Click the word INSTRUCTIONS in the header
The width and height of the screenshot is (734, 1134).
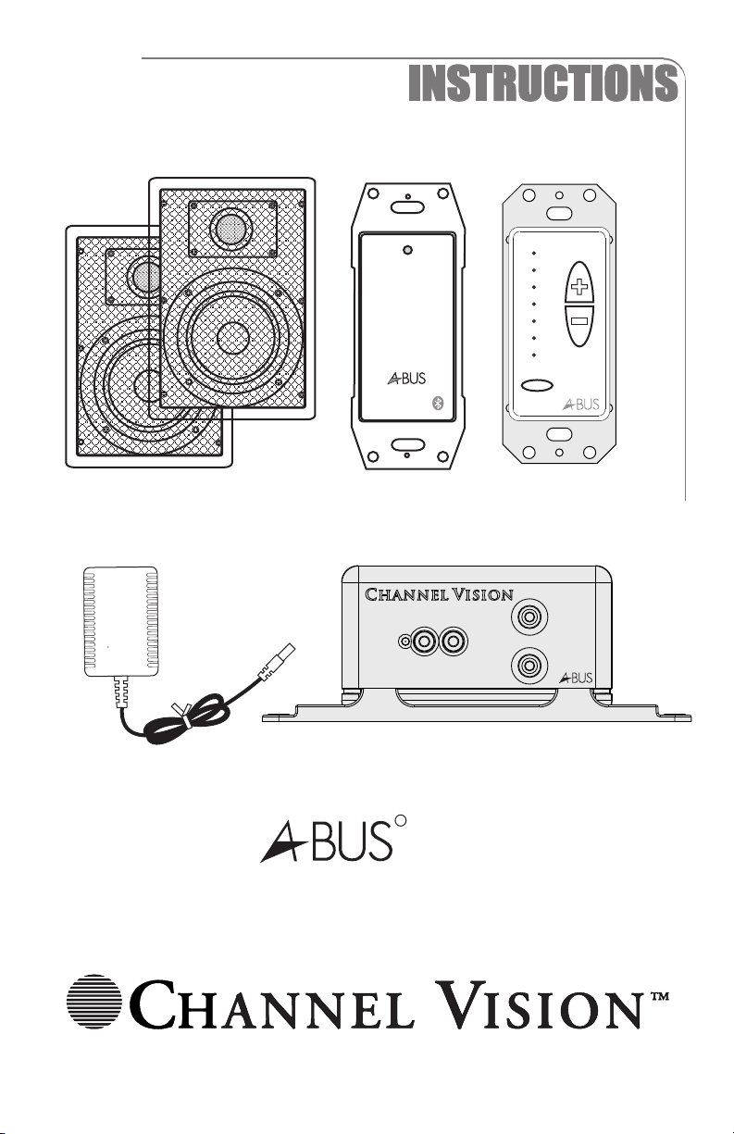click(x=542, y=83)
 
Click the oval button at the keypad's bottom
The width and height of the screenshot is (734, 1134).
click(x=537, y=385)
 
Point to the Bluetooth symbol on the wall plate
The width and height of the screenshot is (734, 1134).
click(x=439, y=403)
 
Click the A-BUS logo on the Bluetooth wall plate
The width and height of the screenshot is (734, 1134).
click(x=406, y=379)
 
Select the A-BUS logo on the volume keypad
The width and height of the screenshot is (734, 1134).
click(x=581, y=404)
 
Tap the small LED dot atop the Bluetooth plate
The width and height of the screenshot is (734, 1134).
click(x=408, y=250)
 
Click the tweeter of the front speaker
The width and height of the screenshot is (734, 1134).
click(x=232, y=230)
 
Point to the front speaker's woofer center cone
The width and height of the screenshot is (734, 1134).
click(x=233, y=337)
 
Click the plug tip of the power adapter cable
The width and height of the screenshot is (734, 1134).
click(x=286, y=652)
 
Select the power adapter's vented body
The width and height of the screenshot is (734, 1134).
click(x=120, y=622)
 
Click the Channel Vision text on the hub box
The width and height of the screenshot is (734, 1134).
click(x=439, y=594)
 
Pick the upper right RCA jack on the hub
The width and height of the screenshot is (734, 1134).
click(x=529, y=617)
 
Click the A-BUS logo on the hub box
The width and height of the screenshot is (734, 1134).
click(x=576, y=678)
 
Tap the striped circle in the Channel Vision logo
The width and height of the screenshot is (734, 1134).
click(x=94, y=1002)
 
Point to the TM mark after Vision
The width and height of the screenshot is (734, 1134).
click(x=659, y=997)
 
